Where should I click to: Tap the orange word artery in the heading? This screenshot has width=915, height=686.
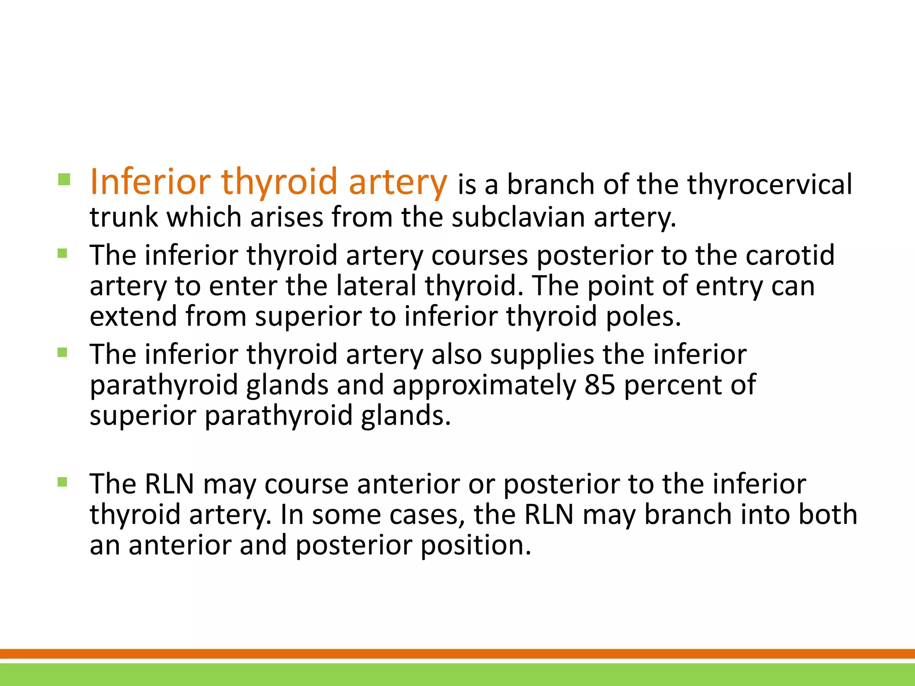coord(398,183)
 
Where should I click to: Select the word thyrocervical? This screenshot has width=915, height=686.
coord(769,184)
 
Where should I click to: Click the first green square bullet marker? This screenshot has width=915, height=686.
coord(64,180)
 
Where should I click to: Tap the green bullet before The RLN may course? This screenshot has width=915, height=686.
coord(63,482)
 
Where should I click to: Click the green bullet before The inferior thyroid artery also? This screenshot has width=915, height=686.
coord(63,353)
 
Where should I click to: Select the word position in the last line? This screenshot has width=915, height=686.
coord(476,545)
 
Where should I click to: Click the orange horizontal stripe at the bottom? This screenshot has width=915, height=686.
coord(457,653)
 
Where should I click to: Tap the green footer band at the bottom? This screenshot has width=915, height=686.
coord(457,674)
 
